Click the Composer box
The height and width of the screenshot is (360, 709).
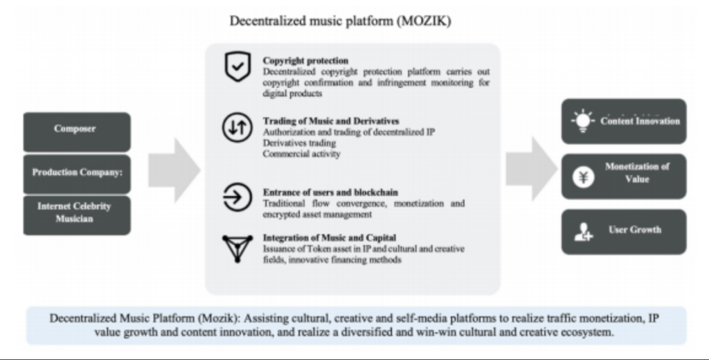tap(77, 132)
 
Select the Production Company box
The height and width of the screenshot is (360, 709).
tap(77, 174)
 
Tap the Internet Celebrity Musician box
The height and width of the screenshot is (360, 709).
tap(77, 215)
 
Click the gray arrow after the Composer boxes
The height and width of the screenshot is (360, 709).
tap(174, 170)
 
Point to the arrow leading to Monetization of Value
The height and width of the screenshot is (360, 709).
tap(531, 169)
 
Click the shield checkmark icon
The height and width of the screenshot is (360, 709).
tap(238, 66)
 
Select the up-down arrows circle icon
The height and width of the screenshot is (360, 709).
tap(237, 127)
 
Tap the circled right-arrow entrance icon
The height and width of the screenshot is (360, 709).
tap(237, 197)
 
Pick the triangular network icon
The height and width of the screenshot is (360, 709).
tap(237, 249)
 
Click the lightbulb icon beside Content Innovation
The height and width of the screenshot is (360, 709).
tap(583, 120)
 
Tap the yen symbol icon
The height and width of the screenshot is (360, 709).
tap(583, 177)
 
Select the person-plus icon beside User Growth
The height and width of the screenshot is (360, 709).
tap(583, 231)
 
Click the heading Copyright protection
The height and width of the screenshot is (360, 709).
tap(305, 61)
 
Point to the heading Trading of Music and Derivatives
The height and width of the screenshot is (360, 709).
tap(331, 121)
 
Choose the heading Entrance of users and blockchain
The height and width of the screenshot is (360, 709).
tap(330, 192)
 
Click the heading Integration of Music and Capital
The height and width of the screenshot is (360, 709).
tap(330, 238)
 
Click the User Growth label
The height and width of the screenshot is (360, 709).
tap(635, 230)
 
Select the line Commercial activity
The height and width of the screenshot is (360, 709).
tap(302, 154)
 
